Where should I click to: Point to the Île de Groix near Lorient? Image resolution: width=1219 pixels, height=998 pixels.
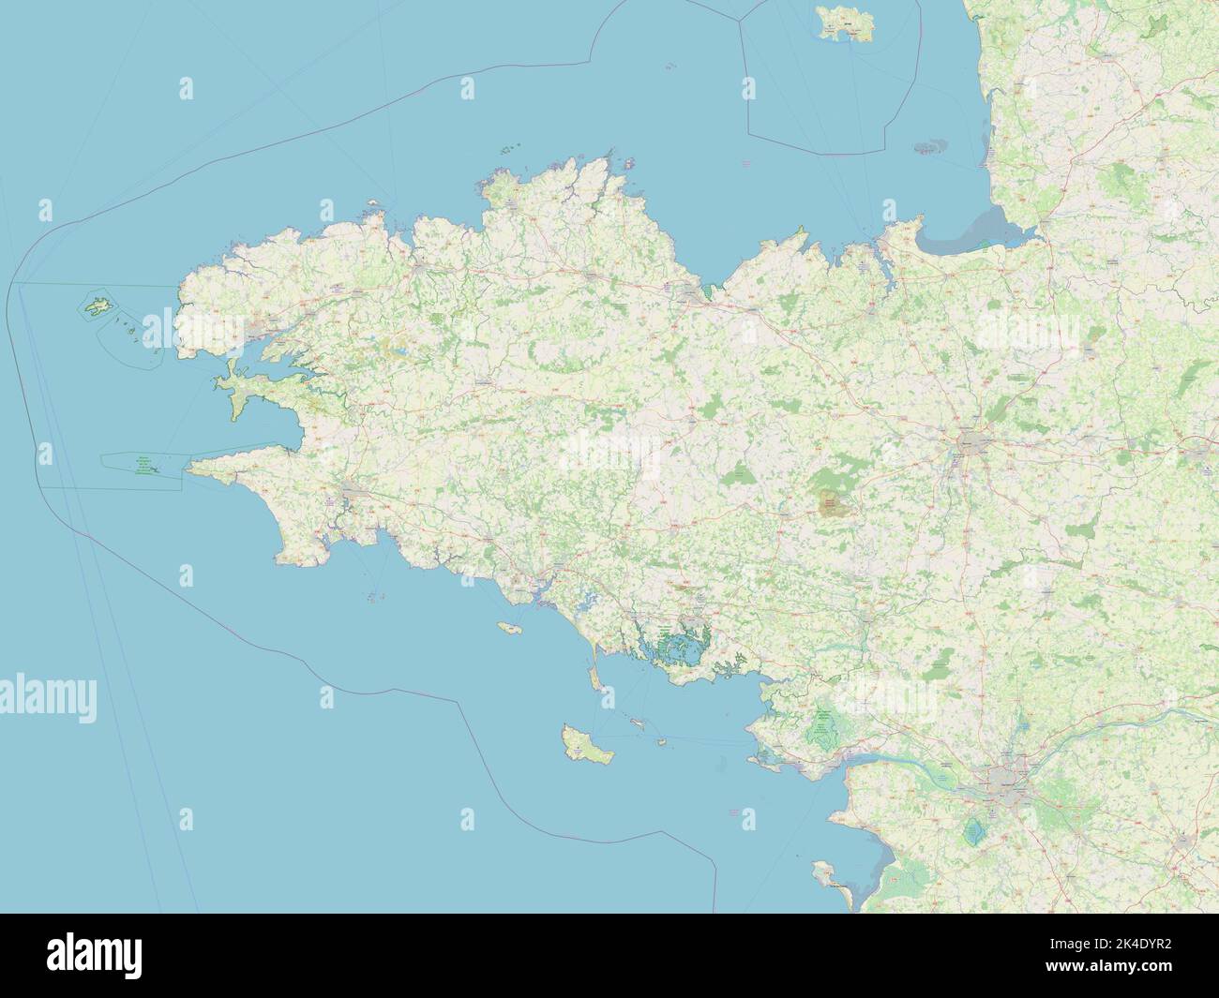point(509,628)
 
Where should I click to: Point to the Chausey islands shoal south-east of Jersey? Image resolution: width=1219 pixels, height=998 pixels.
point(930,148)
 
